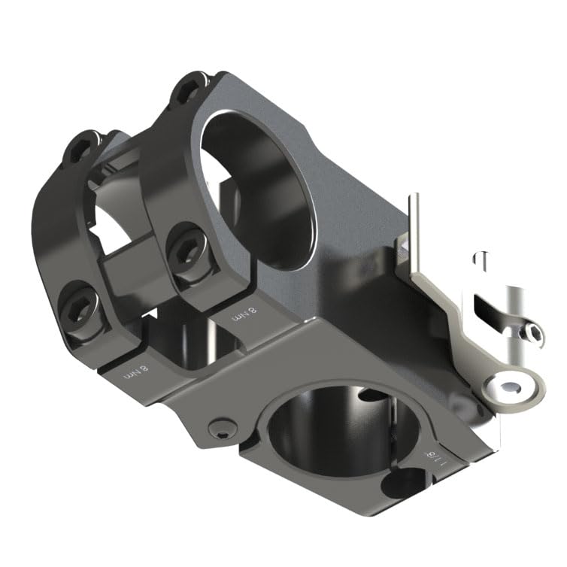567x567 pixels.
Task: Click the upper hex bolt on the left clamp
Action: point(83,147)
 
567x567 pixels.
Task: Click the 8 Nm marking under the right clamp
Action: point(244,314)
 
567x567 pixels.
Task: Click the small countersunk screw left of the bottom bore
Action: point(219,429)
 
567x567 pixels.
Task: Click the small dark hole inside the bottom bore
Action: point(368,394)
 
